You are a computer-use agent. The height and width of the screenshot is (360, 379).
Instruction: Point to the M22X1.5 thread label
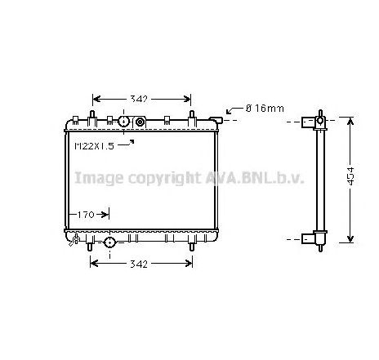click(x=94, y=146)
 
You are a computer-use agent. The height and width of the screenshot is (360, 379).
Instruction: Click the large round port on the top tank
click(x=123, y=122)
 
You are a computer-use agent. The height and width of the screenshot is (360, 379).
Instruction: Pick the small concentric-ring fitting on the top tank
click(x=140, y=122)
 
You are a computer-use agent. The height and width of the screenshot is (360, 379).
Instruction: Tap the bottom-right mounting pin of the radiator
click(x=193, y=246)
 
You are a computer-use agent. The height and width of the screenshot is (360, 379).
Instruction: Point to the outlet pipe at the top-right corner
click(x=221, y=120)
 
